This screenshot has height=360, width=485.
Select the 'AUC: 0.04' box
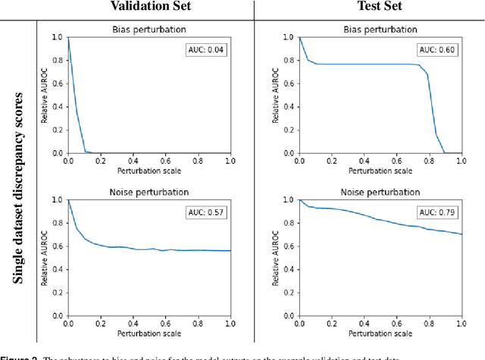coord(207,50)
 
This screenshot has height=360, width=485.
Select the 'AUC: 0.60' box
coord(437,50)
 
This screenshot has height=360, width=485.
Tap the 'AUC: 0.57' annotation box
coord(207,213)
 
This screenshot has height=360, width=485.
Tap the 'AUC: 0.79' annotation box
coord(437,213)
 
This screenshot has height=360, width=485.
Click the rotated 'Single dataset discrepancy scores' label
coord(18,188)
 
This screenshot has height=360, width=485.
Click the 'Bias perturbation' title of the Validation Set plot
coord(149,30)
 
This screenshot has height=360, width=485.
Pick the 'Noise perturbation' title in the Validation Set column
coord(149,193)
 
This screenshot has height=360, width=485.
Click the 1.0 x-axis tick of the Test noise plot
coord(461,323)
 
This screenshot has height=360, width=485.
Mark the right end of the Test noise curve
coord(461,234)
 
